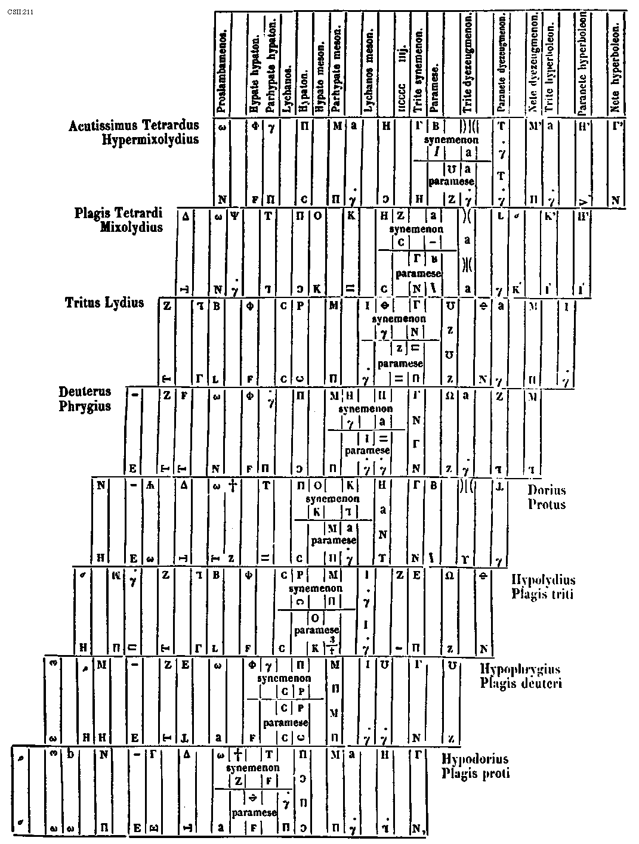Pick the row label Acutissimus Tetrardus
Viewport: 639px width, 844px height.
134,126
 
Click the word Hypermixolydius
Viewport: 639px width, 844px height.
150,140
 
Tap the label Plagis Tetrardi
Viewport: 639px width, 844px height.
119,213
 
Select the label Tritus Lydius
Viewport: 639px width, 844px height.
104,303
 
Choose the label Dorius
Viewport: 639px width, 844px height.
547,491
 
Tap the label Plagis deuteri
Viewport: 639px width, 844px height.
520,683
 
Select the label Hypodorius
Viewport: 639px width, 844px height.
475,759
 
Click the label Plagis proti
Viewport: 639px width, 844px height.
476,774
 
